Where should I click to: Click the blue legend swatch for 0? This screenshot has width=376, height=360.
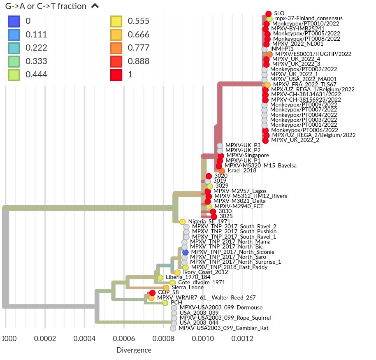pos(14,21)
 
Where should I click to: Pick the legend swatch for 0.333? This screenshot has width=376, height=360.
pos(14,61)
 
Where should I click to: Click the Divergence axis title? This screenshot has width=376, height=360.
pos(134,350)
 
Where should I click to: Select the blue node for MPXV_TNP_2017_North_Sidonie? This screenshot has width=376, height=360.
pos(186,252)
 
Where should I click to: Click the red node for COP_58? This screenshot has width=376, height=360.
pos(152,293)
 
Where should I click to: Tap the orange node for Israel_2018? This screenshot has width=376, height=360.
pos(222,171)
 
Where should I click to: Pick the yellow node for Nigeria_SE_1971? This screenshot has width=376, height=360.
pos(182,221)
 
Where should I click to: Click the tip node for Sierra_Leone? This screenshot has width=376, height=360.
pos(166,288)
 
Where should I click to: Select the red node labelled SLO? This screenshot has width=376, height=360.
pos(268,14)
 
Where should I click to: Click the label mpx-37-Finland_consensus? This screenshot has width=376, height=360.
pos(309,19)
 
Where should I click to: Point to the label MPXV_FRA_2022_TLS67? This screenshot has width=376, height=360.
pos(305,84)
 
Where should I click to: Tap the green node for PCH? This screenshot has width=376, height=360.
pos(165,303)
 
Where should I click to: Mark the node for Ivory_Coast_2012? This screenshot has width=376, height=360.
pos(177,272)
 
